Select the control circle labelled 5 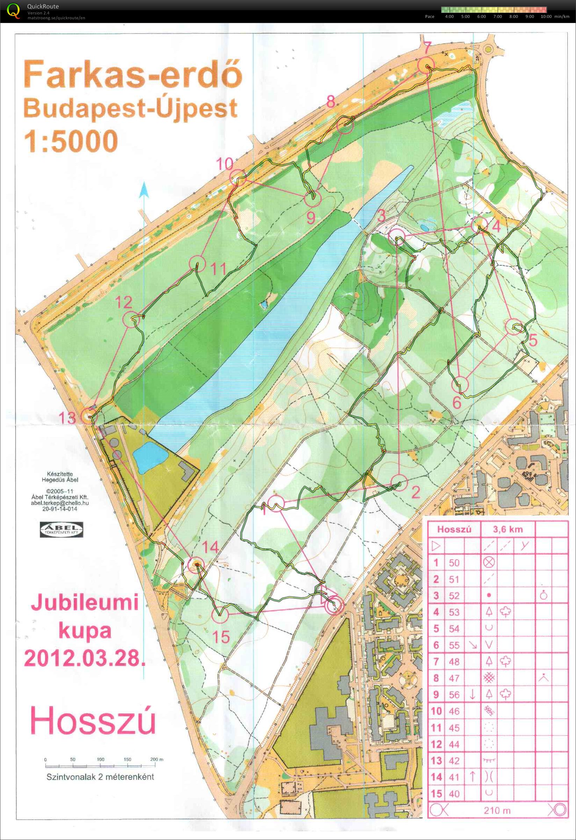pos(515,327)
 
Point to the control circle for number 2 pos(399,483)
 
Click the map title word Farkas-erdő pos(133,74)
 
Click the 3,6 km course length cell pos(508,530)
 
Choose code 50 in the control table pos(454,563)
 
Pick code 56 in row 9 pos(454,695)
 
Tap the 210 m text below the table pos(497,811)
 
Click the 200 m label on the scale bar pos(156,759)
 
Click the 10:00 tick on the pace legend pos(546,17)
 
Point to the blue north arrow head pos(144,189)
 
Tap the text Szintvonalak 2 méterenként pos(100,776)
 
